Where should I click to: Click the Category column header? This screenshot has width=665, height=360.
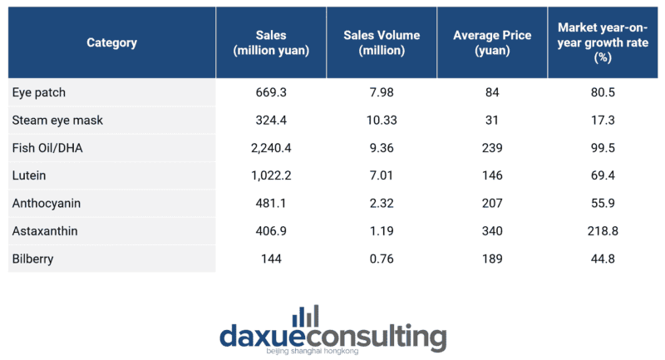[x=111, y=42]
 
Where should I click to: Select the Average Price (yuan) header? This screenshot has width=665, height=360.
[x=492, y=42]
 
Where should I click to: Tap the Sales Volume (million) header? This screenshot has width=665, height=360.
[x=382, y=42]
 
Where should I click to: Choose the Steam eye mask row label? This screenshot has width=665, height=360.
[x=57, y=120]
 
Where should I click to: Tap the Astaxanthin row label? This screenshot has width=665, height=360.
[x=46, y=230]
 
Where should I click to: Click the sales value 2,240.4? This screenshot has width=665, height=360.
[x=272, y=147]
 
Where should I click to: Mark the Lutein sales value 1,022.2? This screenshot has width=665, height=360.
[x=272, y=175]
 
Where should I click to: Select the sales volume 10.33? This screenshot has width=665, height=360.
[x=382, y=120]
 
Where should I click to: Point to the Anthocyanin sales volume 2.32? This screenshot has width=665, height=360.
[x=382, y=203]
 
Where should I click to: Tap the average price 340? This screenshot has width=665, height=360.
[x=492, y=230]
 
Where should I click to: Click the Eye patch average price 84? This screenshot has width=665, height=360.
[x=492, y=92]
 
